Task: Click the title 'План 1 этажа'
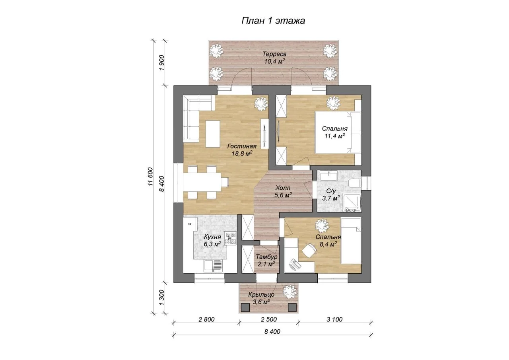[x=273, y=21]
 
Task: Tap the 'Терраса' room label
[x=274, y=54]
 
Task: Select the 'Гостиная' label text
[x=242, y=146]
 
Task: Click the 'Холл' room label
[x=283, y=188]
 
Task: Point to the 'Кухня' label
[x=212, y=237]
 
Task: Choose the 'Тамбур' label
[x=266, y=257]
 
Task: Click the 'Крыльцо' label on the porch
[x=261, y=294]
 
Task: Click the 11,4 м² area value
[x=335, y=136]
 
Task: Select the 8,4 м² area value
[x=328, y=244]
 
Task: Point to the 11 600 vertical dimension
[x=150, y=177]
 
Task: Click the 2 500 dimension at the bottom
[x=269, y=319]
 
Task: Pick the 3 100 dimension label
[x=334, y=319]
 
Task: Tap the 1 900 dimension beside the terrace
[x=161, y=62]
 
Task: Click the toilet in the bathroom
[x=354, y=183]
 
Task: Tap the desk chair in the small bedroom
[x=309, y=250]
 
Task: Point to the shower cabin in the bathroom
[x=352, y=203]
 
